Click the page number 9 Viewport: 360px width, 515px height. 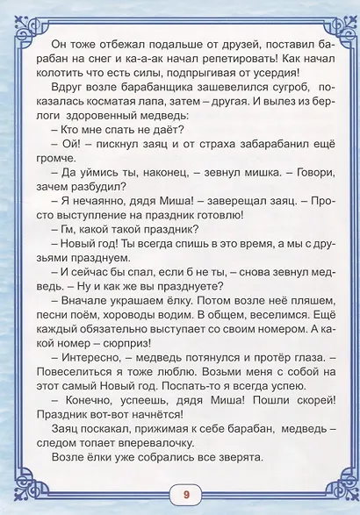[x=186, y=493]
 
